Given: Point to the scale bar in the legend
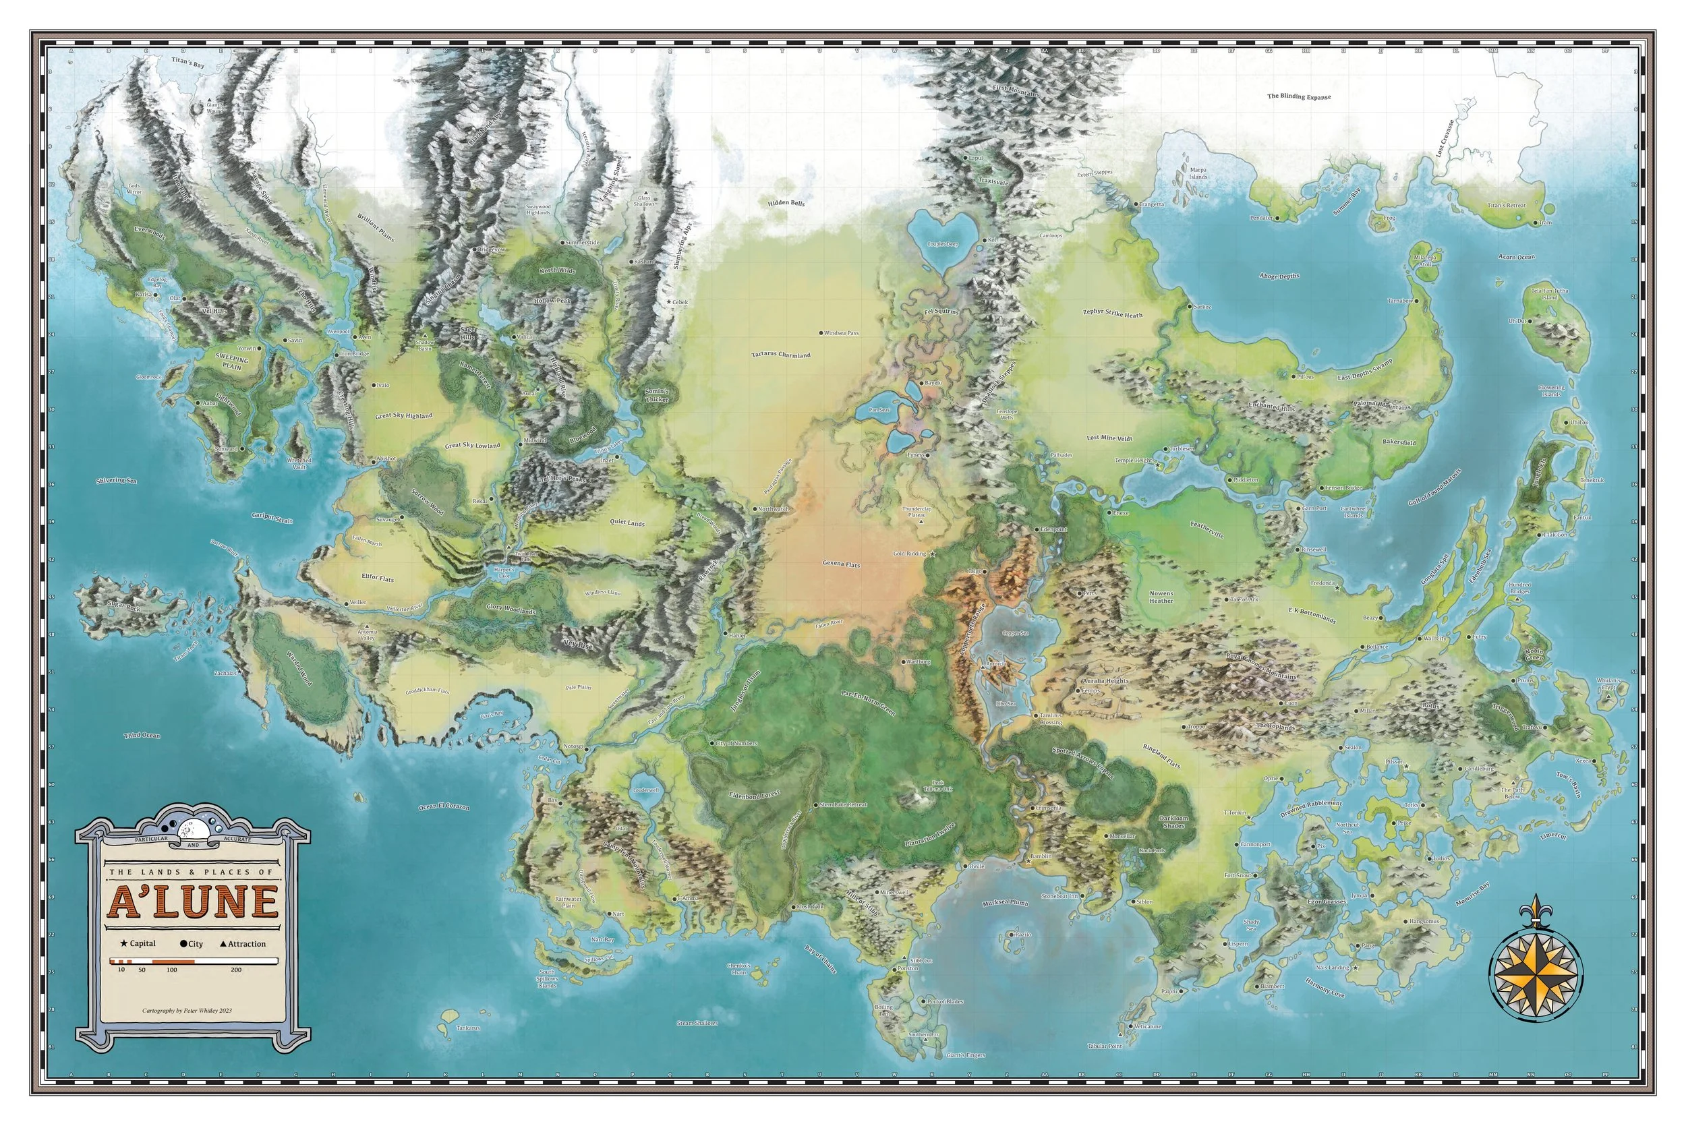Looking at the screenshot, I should pos(193,961).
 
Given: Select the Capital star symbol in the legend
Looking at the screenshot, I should pos(125,943).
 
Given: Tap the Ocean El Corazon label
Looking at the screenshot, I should pos(444,806).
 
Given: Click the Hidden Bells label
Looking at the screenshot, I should pos(786,203).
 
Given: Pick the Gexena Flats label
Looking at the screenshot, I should pos(841,564).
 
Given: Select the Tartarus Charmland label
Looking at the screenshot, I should pos(781,355).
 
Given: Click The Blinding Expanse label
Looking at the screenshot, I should pos(1299,96).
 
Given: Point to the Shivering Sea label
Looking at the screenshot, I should pos(116,480).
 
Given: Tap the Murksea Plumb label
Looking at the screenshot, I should pos(1005,904).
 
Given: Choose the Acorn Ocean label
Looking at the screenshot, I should pos(1516,257).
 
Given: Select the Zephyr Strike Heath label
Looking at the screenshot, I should pos(1113,314).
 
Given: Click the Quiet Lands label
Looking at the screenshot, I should pos(627,523).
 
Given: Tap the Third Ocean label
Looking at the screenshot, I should pos(142,736).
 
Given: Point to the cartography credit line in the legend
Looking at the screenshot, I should pos(187,1011).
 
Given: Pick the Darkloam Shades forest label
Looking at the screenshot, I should pos(1173,821).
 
